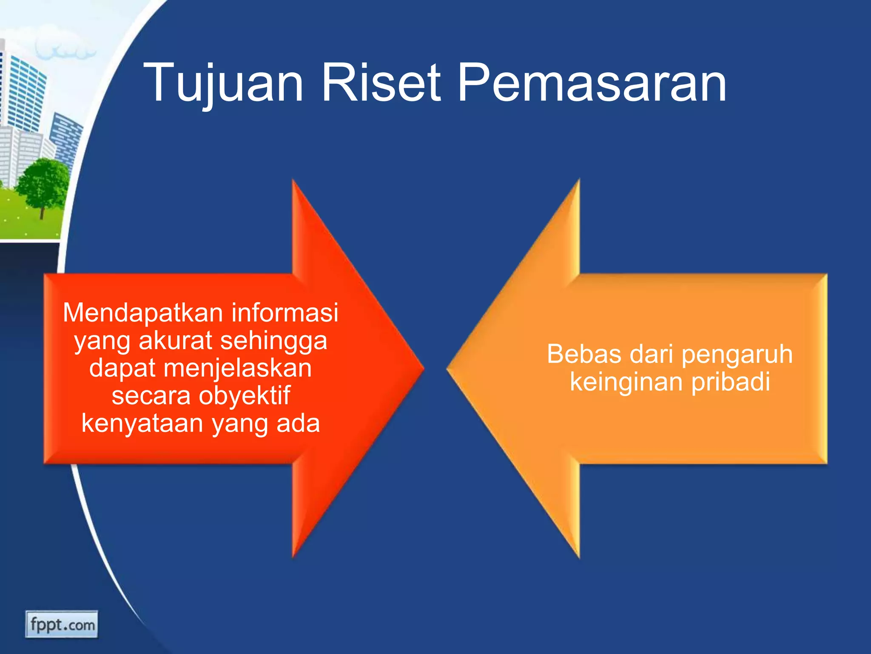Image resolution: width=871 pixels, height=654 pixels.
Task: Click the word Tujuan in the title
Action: tap(223, 83)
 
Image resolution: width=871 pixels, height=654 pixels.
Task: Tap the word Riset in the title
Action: tap(381, 83)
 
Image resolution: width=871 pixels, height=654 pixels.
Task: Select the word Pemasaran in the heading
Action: tap(591, 83)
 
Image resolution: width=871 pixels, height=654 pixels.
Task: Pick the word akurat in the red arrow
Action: tap(175, 341)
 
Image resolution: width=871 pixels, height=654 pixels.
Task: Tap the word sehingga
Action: tap(273, 341)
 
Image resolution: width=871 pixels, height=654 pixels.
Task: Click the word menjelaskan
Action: tap(237, 368)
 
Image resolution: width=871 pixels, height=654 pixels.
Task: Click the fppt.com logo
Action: tap(62, 625)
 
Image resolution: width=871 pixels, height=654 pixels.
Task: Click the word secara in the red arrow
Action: tap(151, 396)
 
